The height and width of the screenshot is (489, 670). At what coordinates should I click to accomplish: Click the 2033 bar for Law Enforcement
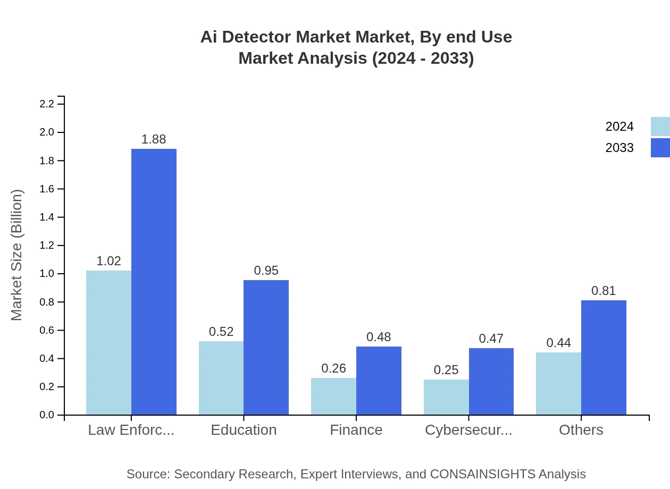click(154, 282)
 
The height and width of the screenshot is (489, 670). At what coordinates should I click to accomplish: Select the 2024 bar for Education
click(221, 378)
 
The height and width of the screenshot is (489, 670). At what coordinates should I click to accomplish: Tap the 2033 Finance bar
click(379, 381)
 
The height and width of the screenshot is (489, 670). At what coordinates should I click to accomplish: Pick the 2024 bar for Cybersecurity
click(446, 397)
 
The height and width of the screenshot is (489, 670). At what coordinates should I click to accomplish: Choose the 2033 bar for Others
click(604, 358)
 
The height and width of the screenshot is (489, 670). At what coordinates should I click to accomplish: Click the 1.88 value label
click(154, 140)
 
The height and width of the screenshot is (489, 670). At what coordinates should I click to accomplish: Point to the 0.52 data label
click(221, 332)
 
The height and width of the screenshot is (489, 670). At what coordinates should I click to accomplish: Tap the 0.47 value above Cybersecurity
click(491, 339)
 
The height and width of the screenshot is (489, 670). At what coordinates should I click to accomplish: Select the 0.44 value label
click(558, 343)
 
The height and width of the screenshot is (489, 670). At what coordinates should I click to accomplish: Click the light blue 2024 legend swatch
click(660, 127)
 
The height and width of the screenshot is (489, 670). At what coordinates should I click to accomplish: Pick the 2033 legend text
click(619, 148)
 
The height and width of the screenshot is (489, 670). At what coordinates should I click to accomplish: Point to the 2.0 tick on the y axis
click(47, 132)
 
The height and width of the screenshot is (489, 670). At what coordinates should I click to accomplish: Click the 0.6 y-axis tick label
click(47, 330)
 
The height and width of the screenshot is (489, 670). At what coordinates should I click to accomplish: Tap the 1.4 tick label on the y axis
click(47, 217)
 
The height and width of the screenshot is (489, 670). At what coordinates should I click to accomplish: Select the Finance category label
click(356, 430)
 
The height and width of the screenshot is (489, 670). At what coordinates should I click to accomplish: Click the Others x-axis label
click(581, 430)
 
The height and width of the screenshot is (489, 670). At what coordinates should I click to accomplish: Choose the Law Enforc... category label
click(131, 430)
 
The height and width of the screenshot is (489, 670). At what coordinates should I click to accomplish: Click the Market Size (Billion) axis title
click(17, 255)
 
